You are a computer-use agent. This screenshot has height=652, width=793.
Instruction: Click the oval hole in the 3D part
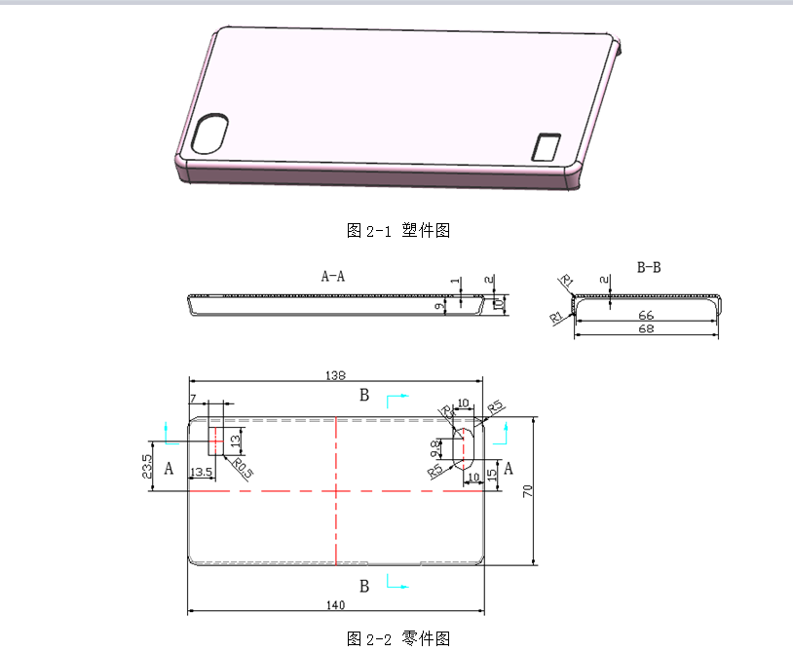[x=210, y=134]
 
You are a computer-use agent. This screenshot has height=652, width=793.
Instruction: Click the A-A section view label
[x=333, y=276]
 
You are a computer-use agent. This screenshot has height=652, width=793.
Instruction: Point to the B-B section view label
[x=648, y=267]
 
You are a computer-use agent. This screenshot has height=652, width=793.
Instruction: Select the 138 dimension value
[x=335, y=375]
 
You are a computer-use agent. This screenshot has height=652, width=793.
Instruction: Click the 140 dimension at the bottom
[x=335, y=605]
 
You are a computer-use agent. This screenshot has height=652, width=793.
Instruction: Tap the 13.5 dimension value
[x=201, y=473]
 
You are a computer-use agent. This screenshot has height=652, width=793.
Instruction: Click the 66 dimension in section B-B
[x=646, y=316]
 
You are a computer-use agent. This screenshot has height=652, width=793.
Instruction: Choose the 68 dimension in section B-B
[x=646, y=329]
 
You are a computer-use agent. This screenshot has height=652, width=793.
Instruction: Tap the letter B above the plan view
[x=364, y=395]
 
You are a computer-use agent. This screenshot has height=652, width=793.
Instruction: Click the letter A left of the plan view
[x=169, y=470]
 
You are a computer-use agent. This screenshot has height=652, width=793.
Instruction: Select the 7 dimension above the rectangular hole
[x=193, y=399]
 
